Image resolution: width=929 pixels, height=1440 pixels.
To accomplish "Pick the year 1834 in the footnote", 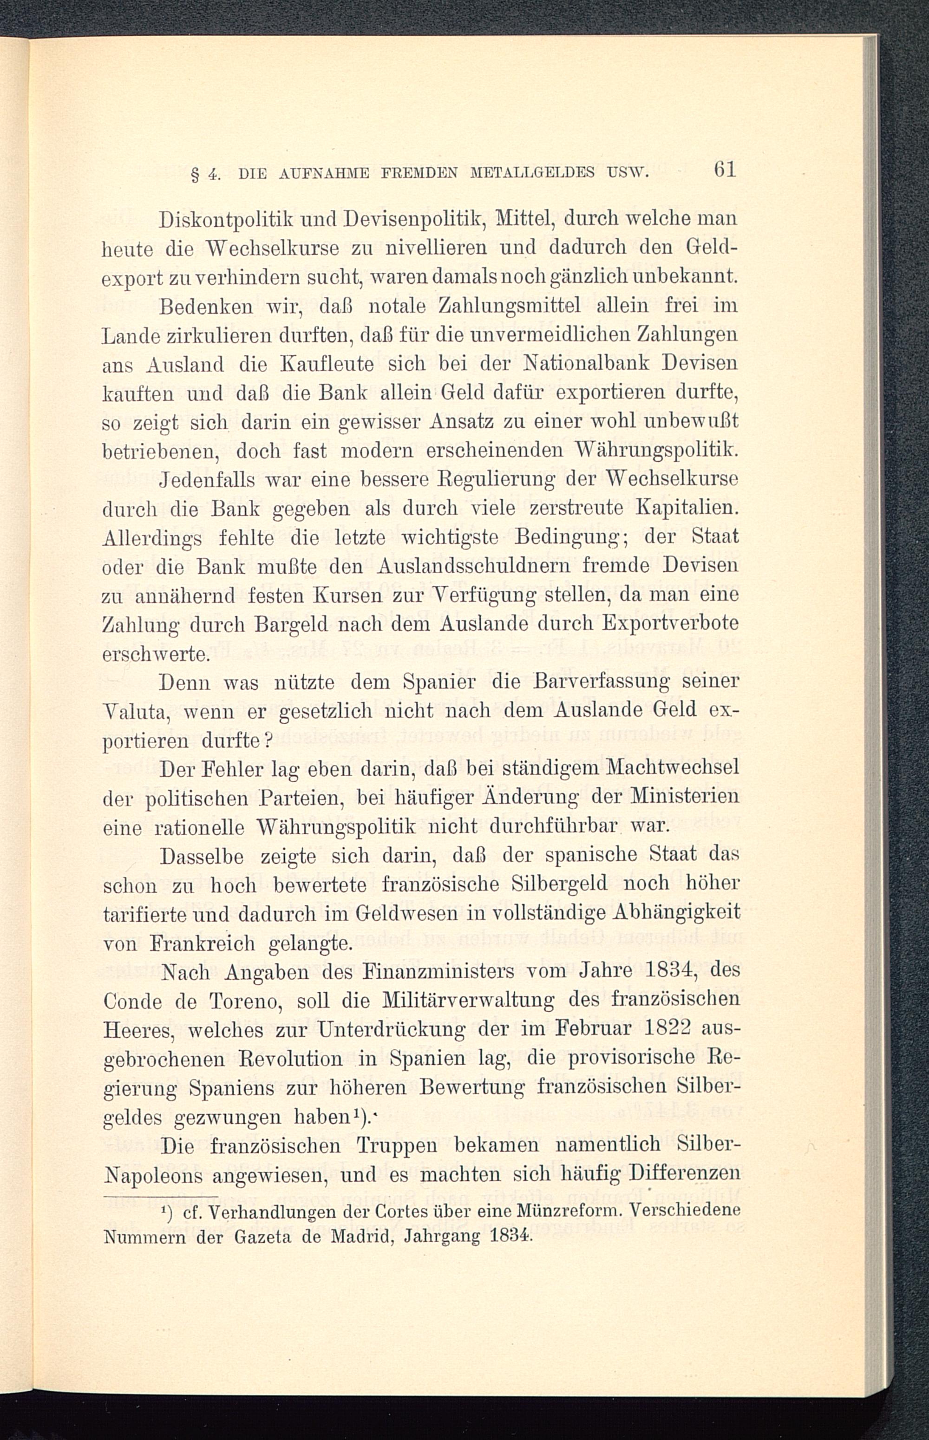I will point(511,1237).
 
